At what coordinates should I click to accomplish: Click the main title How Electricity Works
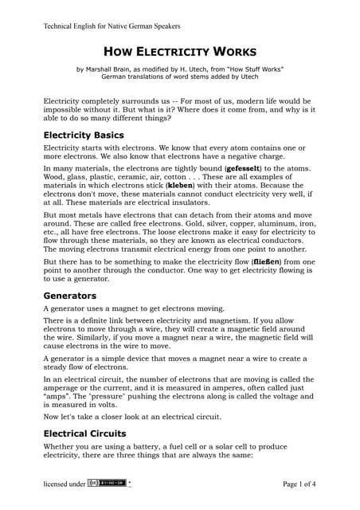tap(180, 50)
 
